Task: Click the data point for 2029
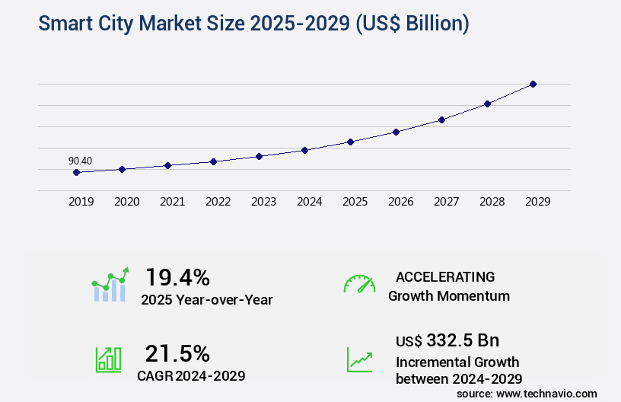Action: [x=533, y=84]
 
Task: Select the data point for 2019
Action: [x=76, y=173]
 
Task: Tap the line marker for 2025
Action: [x=350, y=142]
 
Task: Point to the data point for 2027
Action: [x=441, y=120]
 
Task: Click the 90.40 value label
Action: [x=80, y=161]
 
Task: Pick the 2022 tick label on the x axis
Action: [x=218, y=202]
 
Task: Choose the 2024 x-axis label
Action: [x=309, y=202]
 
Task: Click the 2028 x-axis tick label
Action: [x=492, y=202]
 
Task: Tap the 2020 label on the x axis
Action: [x=126, y=202]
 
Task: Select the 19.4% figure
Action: [x=177, y=276]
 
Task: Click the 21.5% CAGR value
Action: [x=177, y=353]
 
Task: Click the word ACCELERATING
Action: [x=445, y=276]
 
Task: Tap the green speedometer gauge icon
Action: [x=359, y=284]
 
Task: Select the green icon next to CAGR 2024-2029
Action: [x=107, y=359]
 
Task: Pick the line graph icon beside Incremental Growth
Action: [x=359, y=359]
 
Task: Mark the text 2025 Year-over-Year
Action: [x=206, y=299]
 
